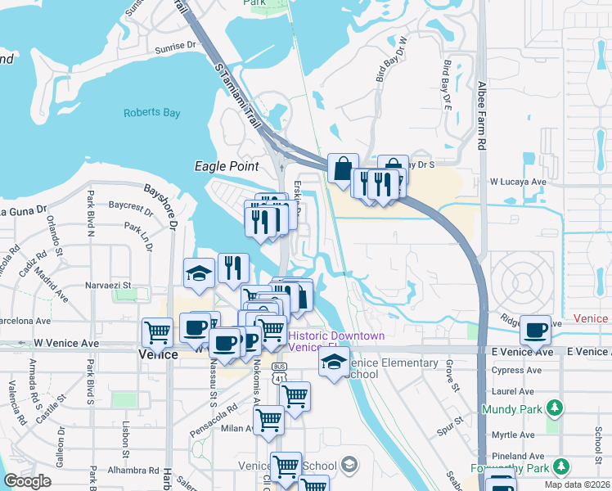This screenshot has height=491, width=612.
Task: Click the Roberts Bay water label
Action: tap(151, 113)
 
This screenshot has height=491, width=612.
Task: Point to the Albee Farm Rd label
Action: tap(482, 115)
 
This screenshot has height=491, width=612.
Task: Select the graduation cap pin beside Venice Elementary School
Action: tap(334, 363)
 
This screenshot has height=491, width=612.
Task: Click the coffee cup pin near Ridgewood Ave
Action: tap(535, 331)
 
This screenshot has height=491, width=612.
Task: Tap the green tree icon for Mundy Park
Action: tap(555, 407)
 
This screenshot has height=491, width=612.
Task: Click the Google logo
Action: tap(27, 481)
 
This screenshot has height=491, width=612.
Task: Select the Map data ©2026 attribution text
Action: tap(576, 484)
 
